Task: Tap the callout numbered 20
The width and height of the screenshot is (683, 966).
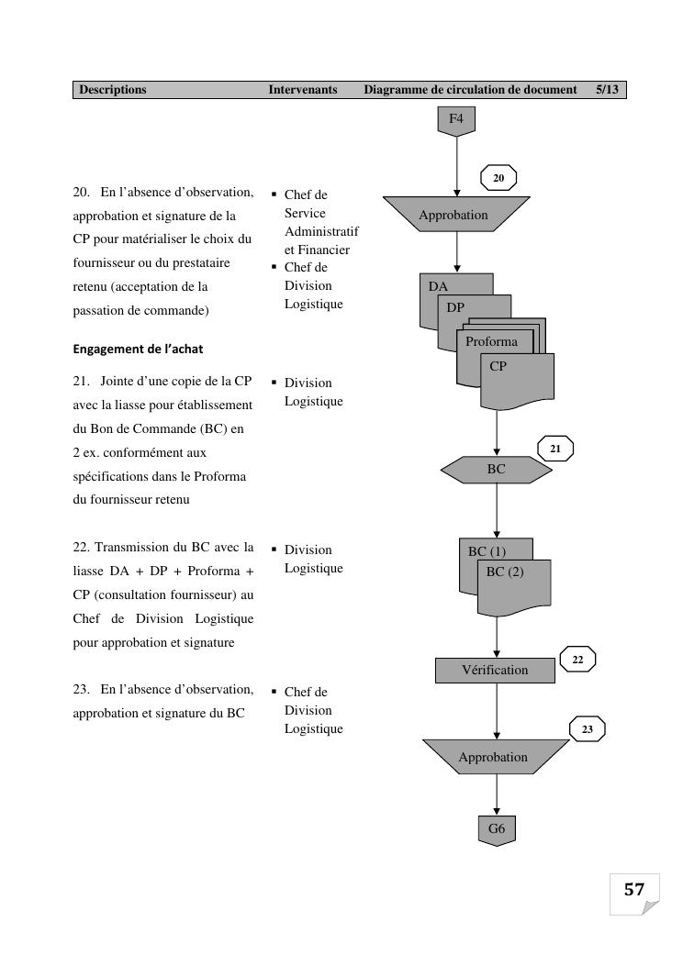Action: [x=498, y=178]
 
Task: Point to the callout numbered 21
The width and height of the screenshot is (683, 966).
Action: [x=555, y=449]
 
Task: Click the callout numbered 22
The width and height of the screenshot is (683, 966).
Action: [x=577, y=659]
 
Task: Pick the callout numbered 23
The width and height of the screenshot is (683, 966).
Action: [x=588, y=729]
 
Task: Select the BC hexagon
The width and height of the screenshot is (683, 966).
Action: [x=497, y=470]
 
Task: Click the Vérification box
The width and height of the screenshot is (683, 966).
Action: [x=495, y=671]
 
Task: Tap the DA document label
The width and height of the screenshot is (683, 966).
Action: [x=439, y=286]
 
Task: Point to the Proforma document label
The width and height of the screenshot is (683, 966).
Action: [x=491, y=342]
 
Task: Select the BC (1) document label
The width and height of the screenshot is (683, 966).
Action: [x=487, y=551]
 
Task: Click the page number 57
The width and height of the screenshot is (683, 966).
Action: [x=634, y=889]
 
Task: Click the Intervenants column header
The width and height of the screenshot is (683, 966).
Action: [x=303, y=90]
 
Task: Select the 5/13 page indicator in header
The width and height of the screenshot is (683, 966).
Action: [x=607, y=90]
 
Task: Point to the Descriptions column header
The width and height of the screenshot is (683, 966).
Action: [x=113, y=90]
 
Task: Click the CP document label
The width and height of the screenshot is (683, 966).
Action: [x=498, y=366]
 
